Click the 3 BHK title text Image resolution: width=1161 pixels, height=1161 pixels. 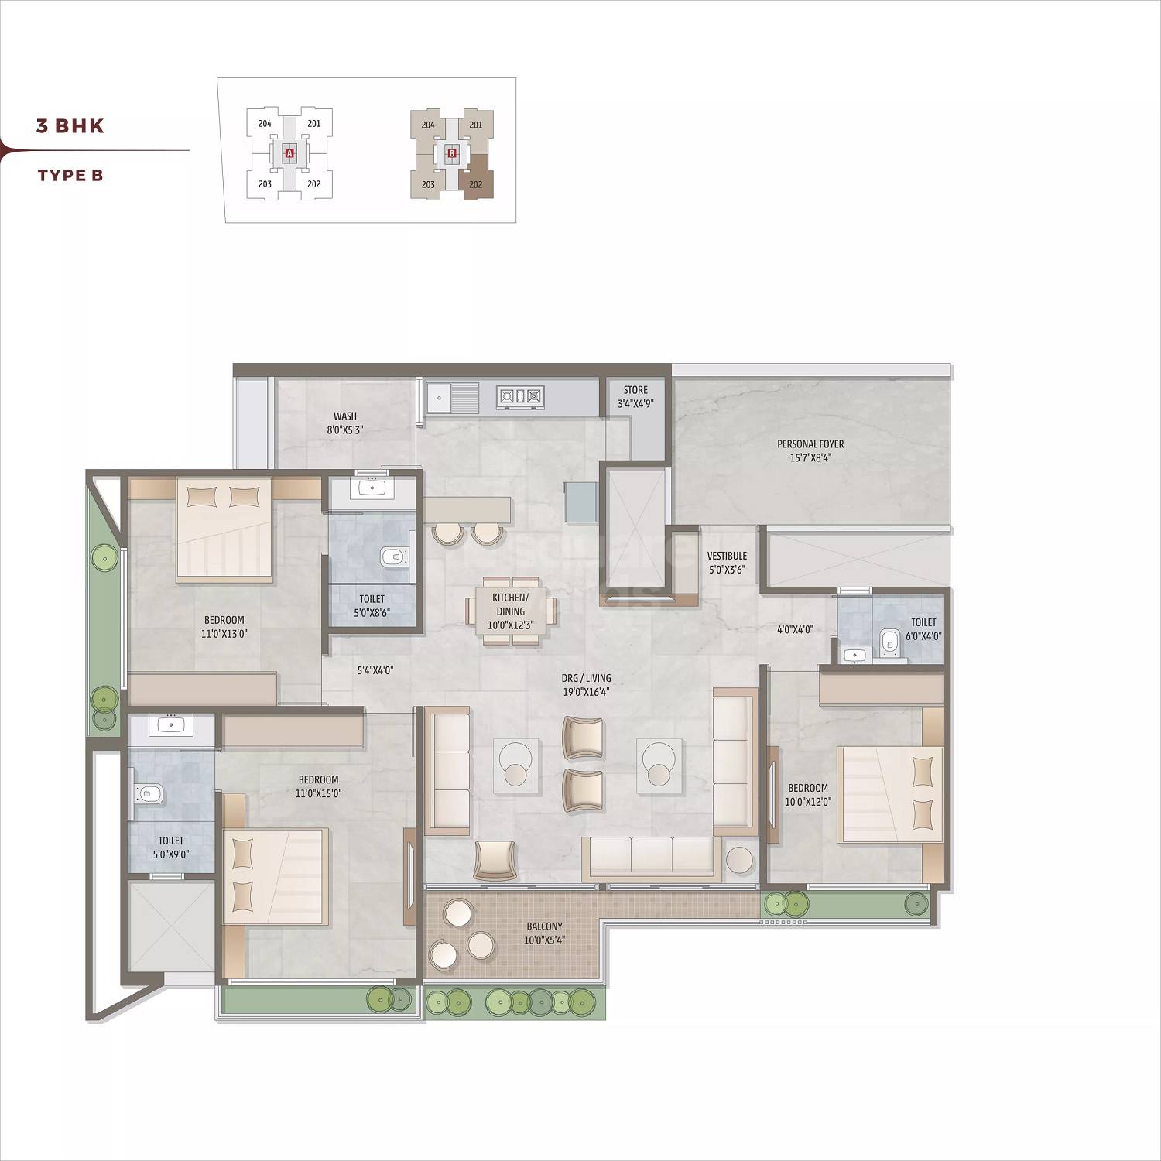(70, 126)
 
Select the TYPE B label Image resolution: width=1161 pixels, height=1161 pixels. (70, 175)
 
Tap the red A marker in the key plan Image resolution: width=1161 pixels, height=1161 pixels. (289, 154)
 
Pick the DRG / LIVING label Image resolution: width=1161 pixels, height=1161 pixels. (586, 679)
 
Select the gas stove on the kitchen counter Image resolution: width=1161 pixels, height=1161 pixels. (521, 396)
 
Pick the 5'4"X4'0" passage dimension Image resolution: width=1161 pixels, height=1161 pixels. (375, 671)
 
